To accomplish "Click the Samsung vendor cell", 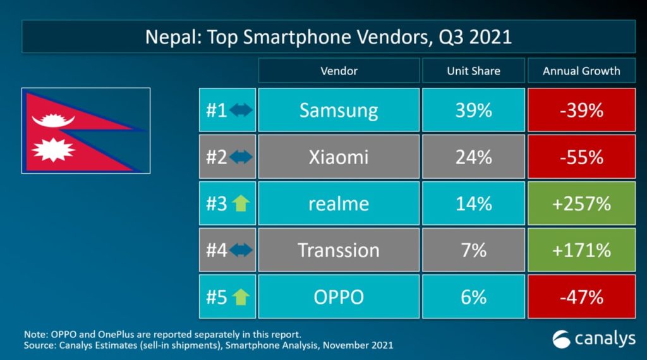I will [x=339, y=111].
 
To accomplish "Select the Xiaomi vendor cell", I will [x=339, y=157].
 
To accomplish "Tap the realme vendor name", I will [x=339, y=203].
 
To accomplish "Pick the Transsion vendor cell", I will [x=339, y=250].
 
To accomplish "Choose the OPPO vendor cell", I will [x=339, y=296].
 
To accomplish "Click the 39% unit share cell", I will [x=473, y=111].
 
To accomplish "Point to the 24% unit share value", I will [x=473, y=157].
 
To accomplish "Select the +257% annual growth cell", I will [x=581, y=203].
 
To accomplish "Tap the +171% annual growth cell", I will [x=581, y=250].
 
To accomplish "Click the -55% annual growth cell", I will [x=581, y=157].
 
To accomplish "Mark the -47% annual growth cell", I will [x=581, y=296].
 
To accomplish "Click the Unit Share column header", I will [x=473, y=71].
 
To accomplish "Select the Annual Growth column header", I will [x=581, y=71].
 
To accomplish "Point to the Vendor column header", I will [x=339, y=71].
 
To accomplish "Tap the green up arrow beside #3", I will [x=241, y=204].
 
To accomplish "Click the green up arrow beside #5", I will [x=241, y=297].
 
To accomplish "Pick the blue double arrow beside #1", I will [x=241, y=111].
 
